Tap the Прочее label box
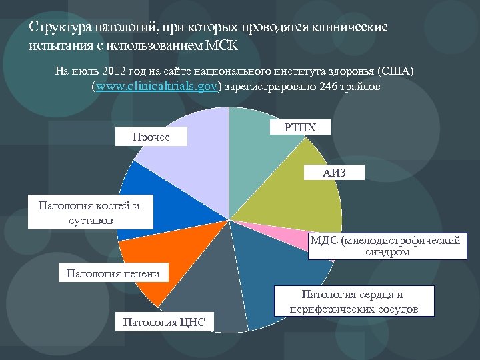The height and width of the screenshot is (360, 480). coord(151,137)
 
